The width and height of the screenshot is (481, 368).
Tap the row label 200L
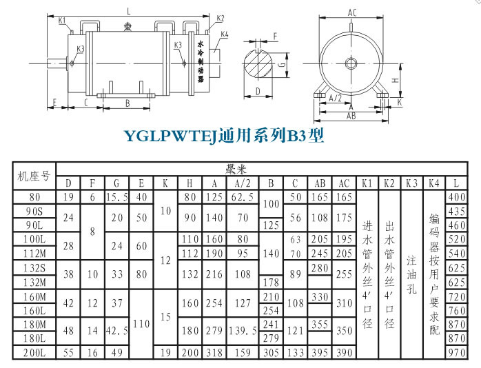pyautogui.click(x=34, y=352)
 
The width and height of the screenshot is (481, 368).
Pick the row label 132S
pyautogui.click(x=34, y=268)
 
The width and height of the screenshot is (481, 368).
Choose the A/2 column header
pyautogui.click(x=243, y=184)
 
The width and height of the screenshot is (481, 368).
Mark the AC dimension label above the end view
pyautogui.click(x=351, y=12)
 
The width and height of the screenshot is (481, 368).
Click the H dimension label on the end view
pyautogui.click(x=394, y=80)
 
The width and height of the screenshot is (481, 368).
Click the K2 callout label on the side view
pyautogui.click(x=220, y=18)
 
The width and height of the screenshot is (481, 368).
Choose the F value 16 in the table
pyautogui.click(x=92, y=352)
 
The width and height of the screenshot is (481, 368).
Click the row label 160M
pyautogui.click(x=34, y=296)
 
